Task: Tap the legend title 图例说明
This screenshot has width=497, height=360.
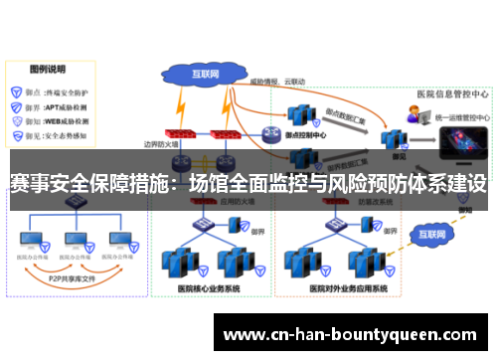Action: (48, 71)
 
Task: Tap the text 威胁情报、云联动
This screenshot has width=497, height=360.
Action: (277, 82)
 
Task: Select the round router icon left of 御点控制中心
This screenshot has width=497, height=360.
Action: (270, 133)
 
